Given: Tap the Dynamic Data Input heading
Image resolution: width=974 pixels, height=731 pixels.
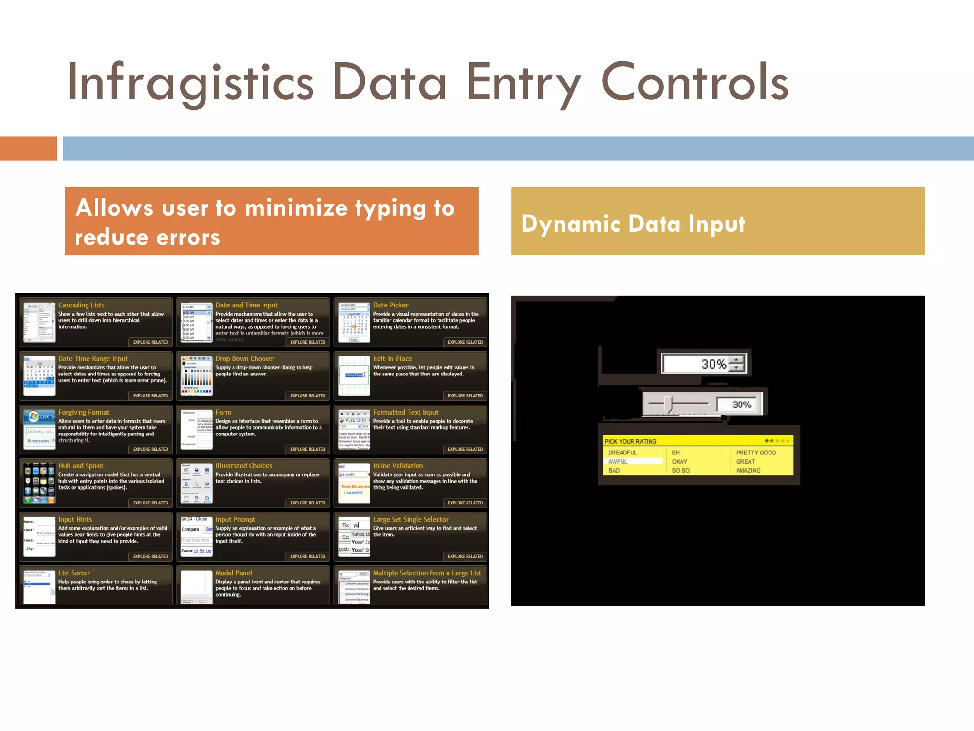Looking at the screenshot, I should point(633,224).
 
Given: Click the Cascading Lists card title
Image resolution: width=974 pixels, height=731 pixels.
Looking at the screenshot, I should point(81,305).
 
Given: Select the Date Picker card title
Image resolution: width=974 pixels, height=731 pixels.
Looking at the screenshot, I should point(390,305).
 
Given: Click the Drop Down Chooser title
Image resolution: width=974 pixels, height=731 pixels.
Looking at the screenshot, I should point(245,359).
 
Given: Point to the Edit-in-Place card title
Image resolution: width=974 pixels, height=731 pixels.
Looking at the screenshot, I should point(392,359).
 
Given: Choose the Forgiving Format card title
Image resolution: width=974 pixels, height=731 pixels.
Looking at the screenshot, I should point(84,412).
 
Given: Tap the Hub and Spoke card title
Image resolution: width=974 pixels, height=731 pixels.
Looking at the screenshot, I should point(81,466).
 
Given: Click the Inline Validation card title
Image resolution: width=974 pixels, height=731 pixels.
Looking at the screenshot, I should point(398,466).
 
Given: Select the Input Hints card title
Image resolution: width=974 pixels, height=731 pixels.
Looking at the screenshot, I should point(75,520).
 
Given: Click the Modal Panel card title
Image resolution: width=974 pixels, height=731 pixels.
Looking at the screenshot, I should point(234,573).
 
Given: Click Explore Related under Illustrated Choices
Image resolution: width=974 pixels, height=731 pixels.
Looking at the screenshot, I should point(308,503).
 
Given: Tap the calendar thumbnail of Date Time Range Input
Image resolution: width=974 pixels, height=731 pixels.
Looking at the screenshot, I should point(39,376).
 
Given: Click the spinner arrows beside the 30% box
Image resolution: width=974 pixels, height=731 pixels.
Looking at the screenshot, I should point(737,364).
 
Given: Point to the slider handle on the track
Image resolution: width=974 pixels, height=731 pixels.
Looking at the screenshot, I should point(669,405).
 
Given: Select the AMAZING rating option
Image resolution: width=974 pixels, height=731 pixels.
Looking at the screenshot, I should point(748,471).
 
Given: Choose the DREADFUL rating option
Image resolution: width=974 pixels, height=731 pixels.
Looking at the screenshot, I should point(622,453).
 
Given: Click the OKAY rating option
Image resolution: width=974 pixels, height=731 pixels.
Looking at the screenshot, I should point(679,462).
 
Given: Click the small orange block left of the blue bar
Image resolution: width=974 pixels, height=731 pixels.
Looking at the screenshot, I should point(28,148).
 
